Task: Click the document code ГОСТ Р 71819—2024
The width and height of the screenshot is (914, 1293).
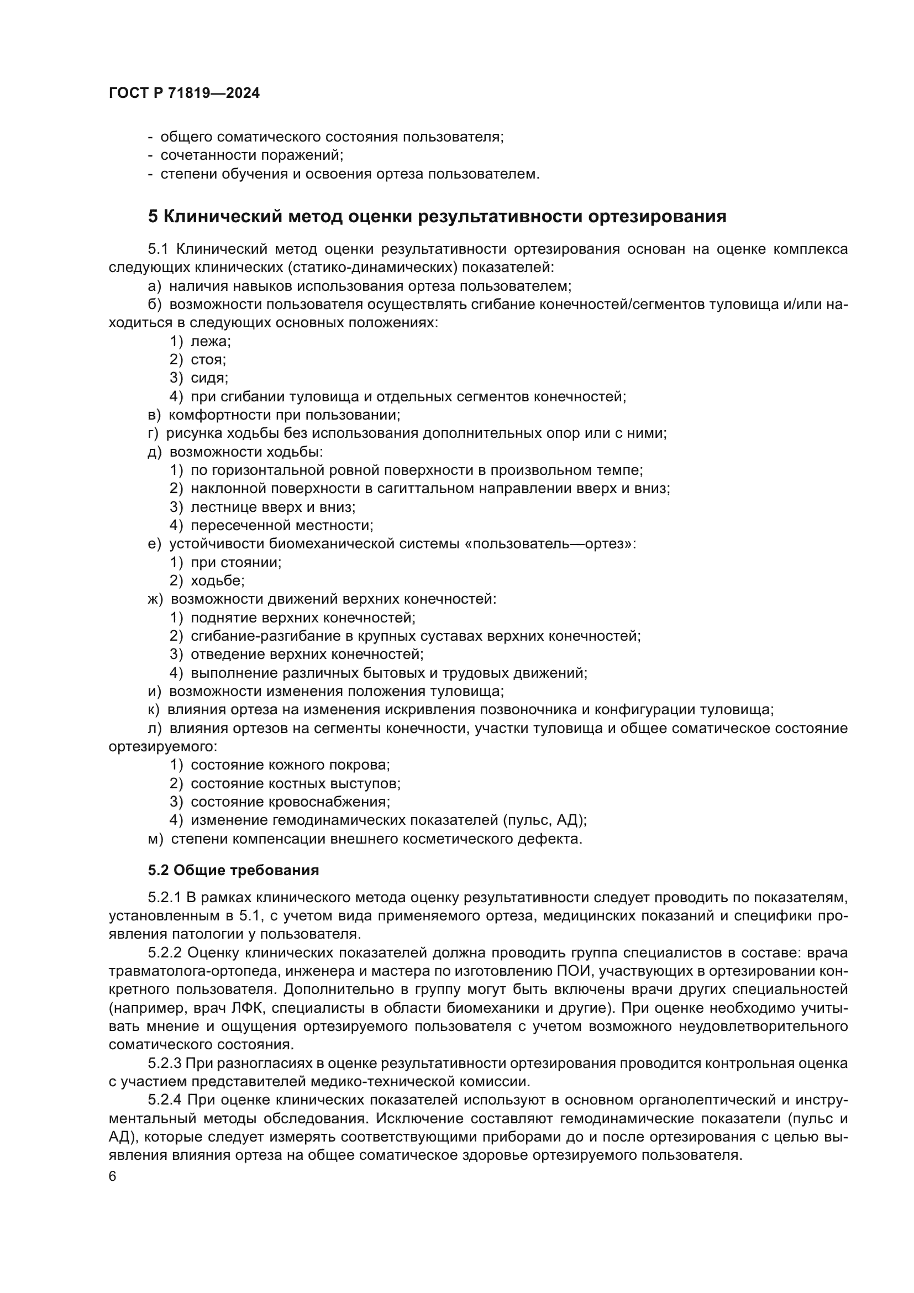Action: (x=184, y=93)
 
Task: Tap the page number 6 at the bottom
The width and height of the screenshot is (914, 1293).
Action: (x=113, y=1176)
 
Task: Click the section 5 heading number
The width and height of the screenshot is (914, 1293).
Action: (x=153, y=216)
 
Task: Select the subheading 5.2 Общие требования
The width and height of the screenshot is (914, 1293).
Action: (x=234, y=870)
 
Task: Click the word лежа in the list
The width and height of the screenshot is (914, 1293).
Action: (x=211, y=341)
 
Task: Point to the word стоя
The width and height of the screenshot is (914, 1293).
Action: (x=208, y=360)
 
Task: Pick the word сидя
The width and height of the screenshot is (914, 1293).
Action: (x=209, y=378)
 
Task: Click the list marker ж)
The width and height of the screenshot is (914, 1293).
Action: (x=155, y=599)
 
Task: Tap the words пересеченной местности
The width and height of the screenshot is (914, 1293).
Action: (x=281, y=525)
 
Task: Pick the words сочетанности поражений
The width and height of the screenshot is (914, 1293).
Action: (x=251, y=155)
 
